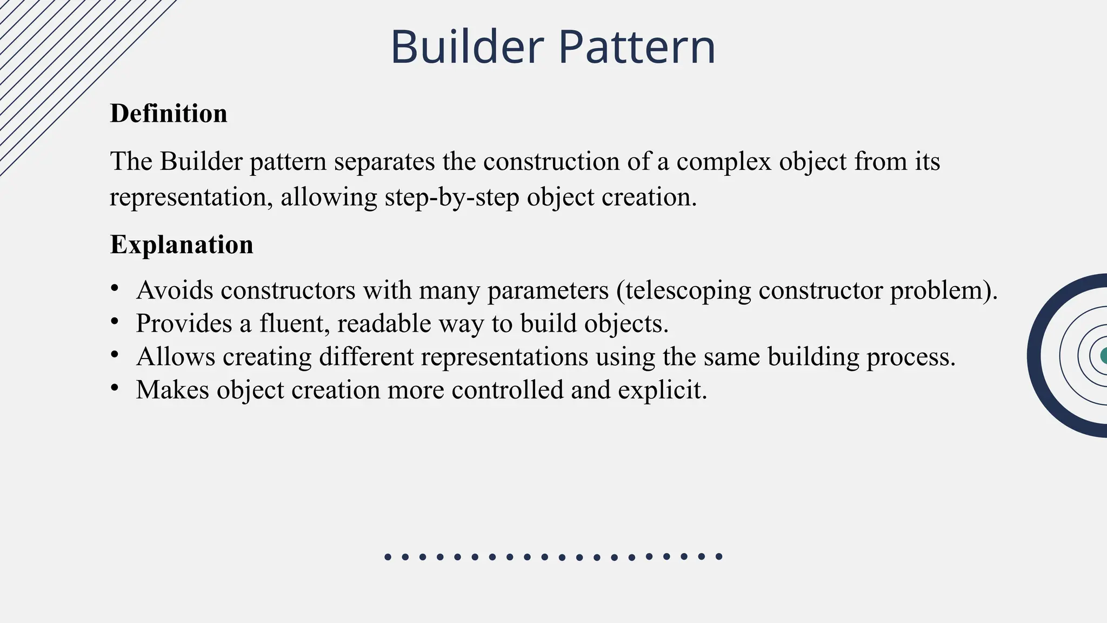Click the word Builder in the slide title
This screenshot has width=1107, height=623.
tap(466, 47)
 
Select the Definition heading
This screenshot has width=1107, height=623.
tap(169, 114)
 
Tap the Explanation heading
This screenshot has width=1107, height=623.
tap(182, 244)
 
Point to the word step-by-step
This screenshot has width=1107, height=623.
tap(452, 197)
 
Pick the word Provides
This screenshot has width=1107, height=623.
tap(184, 323)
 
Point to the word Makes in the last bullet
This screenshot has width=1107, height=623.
tap(172, 390)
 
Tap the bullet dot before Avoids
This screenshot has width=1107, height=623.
tap(114, 288)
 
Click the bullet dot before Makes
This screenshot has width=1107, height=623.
tap(114, 388)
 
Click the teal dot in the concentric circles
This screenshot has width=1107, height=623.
tap(1103, 355)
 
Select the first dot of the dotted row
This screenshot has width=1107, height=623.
tap(388, 557)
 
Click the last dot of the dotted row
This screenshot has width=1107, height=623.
tap(719, 556)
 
